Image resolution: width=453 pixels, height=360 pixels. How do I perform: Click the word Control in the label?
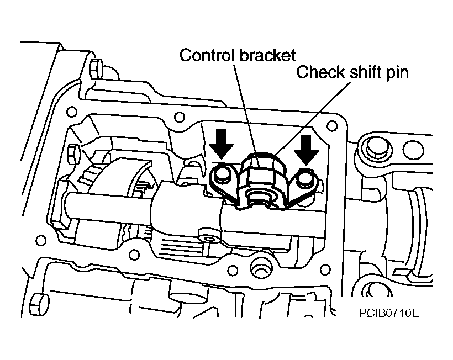tap(206, 55)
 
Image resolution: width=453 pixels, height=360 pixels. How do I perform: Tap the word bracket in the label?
tap(267, 55)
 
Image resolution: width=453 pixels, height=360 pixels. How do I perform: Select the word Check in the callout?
tap(320, 72)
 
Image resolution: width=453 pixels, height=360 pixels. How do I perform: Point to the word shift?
tap(365, 72)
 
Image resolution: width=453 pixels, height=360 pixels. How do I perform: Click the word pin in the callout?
tap(397, 73)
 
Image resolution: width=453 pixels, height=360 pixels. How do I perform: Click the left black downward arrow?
tap(222, 144)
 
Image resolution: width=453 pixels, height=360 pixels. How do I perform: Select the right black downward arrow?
tap(307, 150)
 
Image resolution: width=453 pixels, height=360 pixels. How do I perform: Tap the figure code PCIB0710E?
tap(389, 313)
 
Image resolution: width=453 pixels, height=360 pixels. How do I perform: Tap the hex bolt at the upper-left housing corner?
tap(97, 68)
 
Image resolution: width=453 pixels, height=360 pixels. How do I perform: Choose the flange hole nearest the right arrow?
tap(332, 126)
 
